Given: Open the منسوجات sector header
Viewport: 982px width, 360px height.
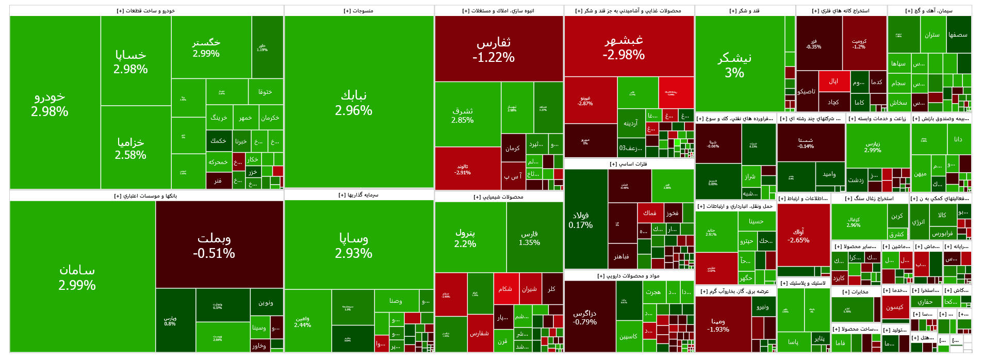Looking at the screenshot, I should pyautogui.click(x=358, y=11).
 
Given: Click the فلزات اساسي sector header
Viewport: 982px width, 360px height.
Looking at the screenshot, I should pyautogui.click(x=628, y=164).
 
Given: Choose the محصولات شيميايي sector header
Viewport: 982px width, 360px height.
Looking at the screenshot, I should pyautogui.click(x=498, y=197).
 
